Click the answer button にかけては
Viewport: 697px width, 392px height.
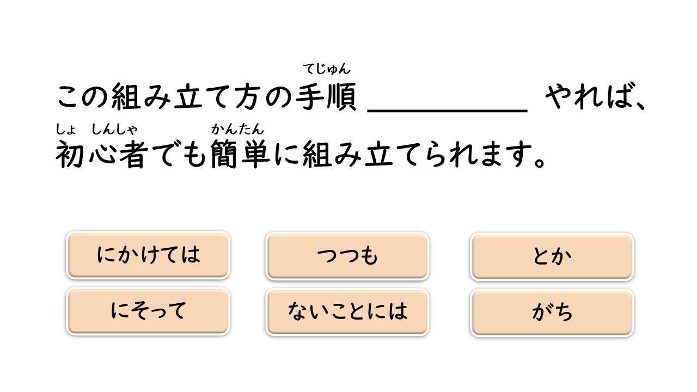coord(148,255)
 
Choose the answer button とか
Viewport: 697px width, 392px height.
coord(552,256)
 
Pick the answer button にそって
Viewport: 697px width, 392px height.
coord(148,311)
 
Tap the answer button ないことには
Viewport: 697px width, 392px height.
coord(347,312)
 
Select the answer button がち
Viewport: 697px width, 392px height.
coord(552,313)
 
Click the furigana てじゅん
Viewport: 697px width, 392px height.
coord(327,69)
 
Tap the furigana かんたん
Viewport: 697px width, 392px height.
coord(237,130)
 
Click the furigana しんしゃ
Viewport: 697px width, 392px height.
coord(114,130)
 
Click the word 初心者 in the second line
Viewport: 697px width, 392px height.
coord(101,155)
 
